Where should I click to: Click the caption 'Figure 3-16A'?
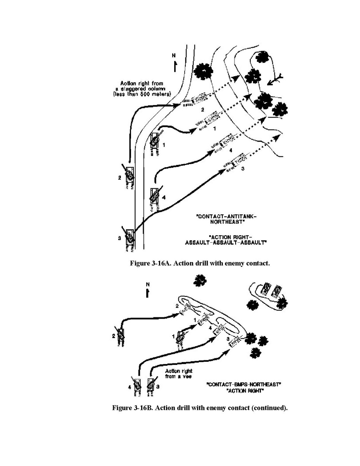(199, 263)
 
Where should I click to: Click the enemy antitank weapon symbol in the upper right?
(276, 79)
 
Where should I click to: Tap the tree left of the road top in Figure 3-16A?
(203, 70)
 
